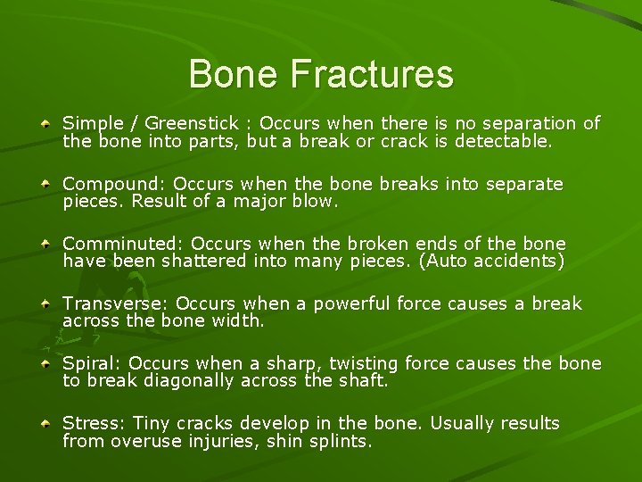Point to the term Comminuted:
pos(123,244)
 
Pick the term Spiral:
pos(92,363)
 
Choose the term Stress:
pos(93,423)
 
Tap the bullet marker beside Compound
pos(45,184)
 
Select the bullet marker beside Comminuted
pos(45,244)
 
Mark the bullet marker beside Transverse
pos(45,304)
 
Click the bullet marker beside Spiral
pos(45,364)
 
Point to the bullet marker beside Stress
pos(45,424)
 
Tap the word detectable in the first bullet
pos(504,141)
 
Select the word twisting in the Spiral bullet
pos(364,363)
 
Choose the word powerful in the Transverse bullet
pos(353,304)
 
